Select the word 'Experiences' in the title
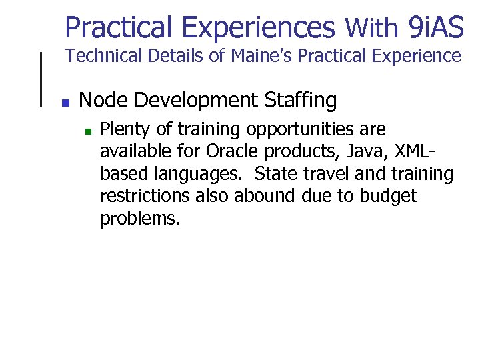point(258,27)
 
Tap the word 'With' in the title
point(371,29)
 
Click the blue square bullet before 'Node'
point(65,103)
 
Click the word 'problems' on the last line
point(138,219)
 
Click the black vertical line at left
point(43,79)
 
